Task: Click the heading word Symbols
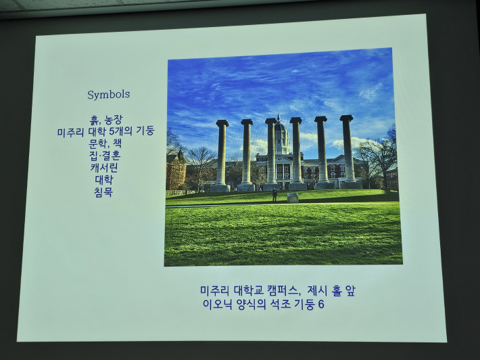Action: [x=108, y=94]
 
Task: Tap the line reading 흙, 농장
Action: [x=105, y=120]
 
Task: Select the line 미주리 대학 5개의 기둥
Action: [x=105, y=131]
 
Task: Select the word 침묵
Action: [x=104, y=192]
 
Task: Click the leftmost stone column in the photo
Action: [x=221, y=155]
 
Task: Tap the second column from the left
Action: [x=247, y=154]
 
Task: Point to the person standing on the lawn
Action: [x=274, y=194]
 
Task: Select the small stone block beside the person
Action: [x=293, y=198]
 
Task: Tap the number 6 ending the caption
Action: [x=321, y=305]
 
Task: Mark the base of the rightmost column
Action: [x=350, y=183]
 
